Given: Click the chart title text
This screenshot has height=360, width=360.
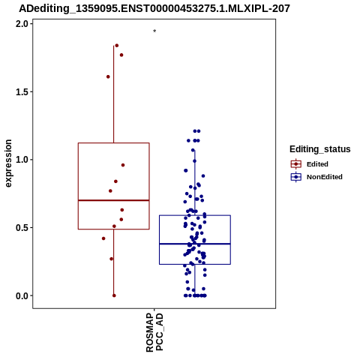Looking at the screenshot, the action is click(154, 8).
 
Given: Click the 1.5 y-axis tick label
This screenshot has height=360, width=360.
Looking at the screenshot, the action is click(21, 92).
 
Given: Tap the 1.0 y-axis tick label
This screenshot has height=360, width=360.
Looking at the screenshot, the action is click(21, 160).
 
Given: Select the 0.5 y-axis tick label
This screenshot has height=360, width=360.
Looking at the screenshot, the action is click(21, 228).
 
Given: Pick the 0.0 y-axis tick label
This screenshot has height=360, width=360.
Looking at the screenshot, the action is click(21, 295).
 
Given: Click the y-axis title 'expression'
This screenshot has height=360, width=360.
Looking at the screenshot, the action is click(8, 163).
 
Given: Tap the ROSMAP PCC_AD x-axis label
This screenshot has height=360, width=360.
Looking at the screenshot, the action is click(154, 332).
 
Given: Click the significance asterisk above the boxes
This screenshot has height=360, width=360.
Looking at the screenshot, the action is click(154, 31).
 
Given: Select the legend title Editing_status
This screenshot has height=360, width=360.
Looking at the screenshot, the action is click(319, 149).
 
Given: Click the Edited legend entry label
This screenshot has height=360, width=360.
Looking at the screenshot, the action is click(317, 164).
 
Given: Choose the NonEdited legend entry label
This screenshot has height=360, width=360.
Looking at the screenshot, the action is click(325, 177).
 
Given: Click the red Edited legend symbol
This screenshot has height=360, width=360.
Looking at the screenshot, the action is click(296, 164).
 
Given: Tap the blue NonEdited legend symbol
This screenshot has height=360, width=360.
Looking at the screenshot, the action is click(296, 177).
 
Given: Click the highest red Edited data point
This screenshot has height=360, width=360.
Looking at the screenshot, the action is click(117, 46).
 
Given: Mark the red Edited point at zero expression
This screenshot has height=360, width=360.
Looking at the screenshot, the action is click(114, 295).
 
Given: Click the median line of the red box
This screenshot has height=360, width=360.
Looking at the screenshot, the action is click(114, 200).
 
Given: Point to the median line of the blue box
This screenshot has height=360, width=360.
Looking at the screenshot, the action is click(195, 244).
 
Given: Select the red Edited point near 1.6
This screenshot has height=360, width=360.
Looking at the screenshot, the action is click(108, 76).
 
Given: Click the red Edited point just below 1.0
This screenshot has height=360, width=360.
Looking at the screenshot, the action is click(123, 165).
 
